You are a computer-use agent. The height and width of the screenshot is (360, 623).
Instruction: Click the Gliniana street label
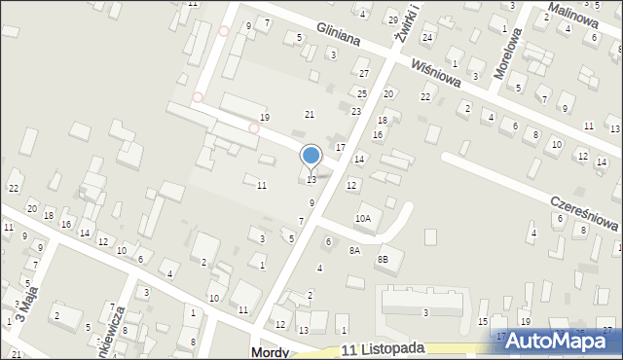338,36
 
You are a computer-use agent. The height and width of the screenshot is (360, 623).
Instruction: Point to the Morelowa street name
514,48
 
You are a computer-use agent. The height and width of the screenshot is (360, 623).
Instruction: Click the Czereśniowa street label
584,210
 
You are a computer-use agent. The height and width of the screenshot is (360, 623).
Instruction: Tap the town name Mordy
270,352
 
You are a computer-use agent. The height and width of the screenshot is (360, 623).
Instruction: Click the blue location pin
311,156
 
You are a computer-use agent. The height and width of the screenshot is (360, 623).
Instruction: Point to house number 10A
362,219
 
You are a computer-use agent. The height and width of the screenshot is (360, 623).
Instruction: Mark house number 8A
354,250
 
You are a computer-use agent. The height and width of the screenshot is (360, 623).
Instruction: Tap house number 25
361,93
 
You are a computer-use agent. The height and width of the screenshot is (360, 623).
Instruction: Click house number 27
364,74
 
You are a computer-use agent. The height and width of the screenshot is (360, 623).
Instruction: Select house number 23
356,112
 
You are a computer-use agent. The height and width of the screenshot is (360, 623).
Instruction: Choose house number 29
392,19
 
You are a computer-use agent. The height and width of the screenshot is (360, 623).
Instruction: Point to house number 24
426,37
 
